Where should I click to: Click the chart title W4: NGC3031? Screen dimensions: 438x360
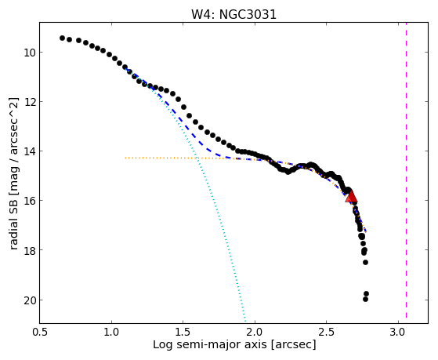click(x=233, y=14)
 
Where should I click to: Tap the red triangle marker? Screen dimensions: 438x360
click(x=351, y=196)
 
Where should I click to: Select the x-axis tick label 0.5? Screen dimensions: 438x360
click(x=40, y=332)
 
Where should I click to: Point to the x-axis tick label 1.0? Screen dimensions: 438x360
click(x=111, y=332)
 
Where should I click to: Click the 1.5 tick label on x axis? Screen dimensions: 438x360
click(x=183, y=332)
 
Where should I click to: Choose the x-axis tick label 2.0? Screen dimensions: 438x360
click(x=255, y=332)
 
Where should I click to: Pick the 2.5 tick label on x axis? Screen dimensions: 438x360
click(x=327, y=332)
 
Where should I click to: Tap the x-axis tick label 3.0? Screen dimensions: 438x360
click(x=398, y=332)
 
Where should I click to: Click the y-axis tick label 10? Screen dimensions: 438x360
click(x=30, y=53)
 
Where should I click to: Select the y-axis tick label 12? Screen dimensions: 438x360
click(x=30, y=102)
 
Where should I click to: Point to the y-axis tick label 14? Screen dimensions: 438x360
click(x=30, y=151)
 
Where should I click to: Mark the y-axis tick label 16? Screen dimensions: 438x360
click(x=30, y=201)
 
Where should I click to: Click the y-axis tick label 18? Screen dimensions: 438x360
click(x=30, y=250)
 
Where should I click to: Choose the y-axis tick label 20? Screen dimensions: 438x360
click(x=30, y=300)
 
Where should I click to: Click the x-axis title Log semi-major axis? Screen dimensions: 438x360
click(x=210, y=344)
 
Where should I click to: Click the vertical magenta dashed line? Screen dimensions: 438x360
click(x=406, y=170)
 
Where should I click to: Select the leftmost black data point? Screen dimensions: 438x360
click(x=63, y=38)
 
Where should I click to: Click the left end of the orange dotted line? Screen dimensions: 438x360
click(x=125, y=158)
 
